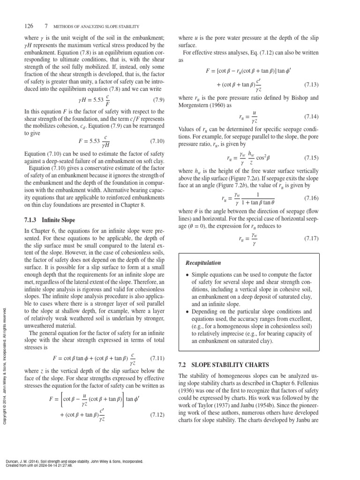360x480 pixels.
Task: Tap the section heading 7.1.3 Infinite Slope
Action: [x=49, y=220]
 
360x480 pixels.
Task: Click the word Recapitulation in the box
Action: [x=203, y=263]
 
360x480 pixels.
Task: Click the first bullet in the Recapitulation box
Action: [x=188, y=275]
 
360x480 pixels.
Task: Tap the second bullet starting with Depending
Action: [x=188, y=312]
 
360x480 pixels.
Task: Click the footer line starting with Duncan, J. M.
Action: [x=73, y=461]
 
